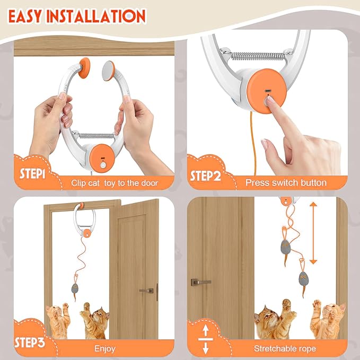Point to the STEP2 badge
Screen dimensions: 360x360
206,175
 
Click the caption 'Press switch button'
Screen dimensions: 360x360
286,182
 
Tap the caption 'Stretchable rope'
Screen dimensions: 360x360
285,348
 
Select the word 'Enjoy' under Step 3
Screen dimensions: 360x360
104,348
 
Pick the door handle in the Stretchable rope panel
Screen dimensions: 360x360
200,282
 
